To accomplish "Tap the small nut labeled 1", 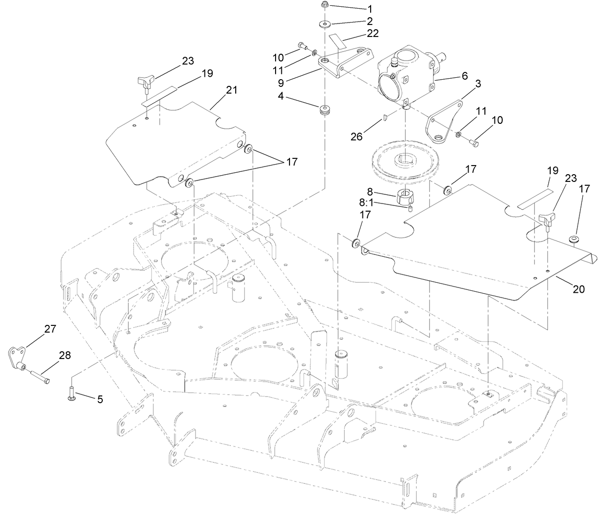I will click(x=325, y=5).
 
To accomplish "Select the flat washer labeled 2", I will click(x=325, y=24).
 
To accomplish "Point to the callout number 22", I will click(x=373, y=33).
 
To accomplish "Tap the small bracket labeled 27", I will click(x=17, y=358).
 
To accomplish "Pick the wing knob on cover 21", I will click(x=146, y=81).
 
